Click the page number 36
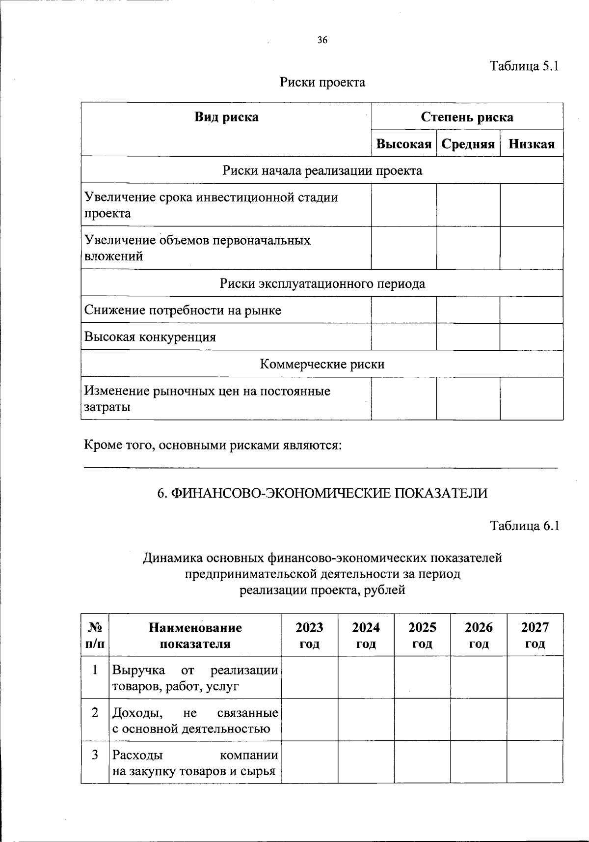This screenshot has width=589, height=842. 322,41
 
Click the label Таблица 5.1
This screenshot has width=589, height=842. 525,66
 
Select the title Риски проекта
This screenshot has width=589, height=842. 322,82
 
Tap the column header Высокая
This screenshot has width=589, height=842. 403,144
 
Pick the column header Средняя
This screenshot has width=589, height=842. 468,144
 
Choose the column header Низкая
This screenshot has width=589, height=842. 532,144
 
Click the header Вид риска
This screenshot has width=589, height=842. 226,117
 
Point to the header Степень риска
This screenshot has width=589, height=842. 467,117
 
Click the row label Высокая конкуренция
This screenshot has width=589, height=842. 150,337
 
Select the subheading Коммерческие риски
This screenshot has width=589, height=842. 322,364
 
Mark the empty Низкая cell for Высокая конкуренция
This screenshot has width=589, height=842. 532,337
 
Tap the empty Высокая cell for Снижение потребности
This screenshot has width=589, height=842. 403,310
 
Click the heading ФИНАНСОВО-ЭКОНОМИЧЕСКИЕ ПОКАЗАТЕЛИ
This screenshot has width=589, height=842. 322,493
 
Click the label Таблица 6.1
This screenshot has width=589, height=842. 525,526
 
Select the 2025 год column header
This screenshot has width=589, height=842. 422,635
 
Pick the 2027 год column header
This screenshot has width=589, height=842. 535,635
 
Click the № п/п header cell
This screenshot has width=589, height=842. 95,635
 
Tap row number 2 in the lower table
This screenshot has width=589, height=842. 95,712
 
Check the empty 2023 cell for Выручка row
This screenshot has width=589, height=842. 309,677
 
